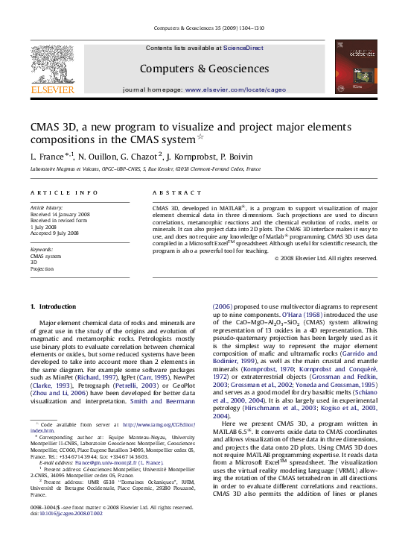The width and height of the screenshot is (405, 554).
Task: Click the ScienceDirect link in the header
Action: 243,48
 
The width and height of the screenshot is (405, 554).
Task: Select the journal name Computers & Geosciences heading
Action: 203,69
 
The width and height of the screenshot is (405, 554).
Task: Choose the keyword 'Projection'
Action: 42,268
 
